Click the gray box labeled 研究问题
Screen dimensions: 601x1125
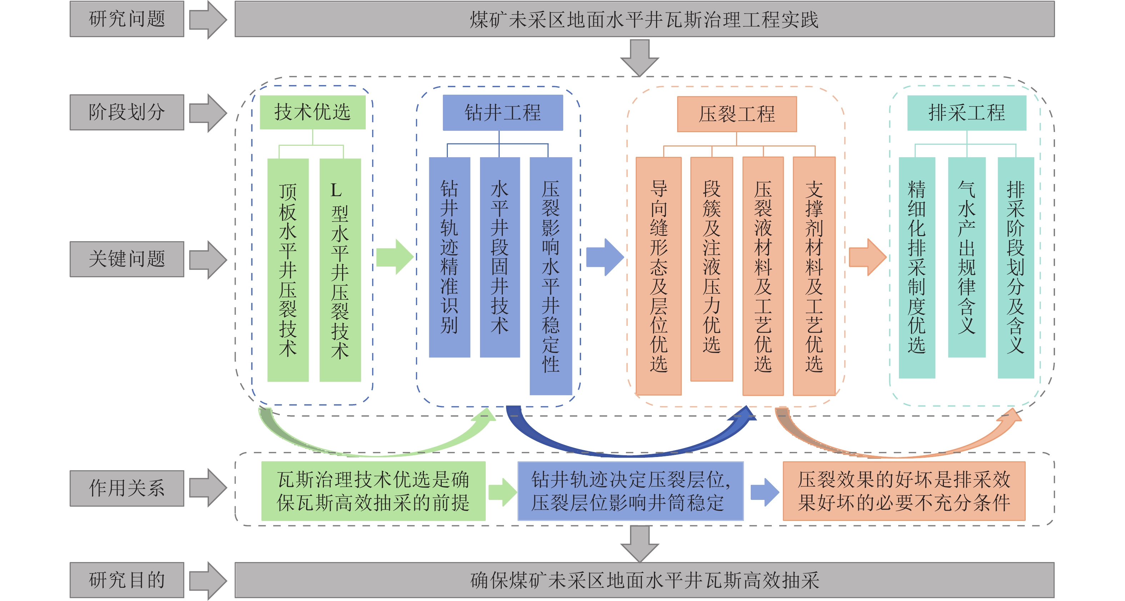(x=127, y=19)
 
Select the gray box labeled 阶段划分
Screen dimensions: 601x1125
(x=127, y=112)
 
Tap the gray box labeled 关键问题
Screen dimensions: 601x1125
(x=127, y=259)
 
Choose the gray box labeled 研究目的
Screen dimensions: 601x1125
(x=127, y=580)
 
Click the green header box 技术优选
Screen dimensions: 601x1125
(x=312, y=112)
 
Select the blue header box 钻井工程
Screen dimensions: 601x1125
(x=502, y=113)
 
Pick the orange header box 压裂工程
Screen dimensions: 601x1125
(x=737, y=114)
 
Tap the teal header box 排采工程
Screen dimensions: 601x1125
(x=966, y=113)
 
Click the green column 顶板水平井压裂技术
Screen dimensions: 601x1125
(x=288, y=270)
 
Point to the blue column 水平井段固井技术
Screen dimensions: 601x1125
(x=500, y=257)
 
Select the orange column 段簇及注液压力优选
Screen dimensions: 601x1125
(x=711, y=269)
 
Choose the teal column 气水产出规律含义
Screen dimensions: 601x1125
(x=966, y=257)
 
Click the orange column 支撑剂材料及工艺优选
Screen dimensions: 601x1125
(x=814, y=276)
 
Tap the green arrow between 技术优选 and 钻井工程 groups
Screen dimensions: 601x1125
(x=395, y=257)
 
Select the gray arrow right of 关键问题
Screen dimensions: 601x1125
(x=208, y=259)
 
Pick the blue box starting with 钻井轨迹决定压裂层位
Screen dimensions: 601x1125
(x=630, y=491)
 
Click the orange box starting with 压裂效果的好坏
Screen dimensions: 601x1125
(x=904, y=491)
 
